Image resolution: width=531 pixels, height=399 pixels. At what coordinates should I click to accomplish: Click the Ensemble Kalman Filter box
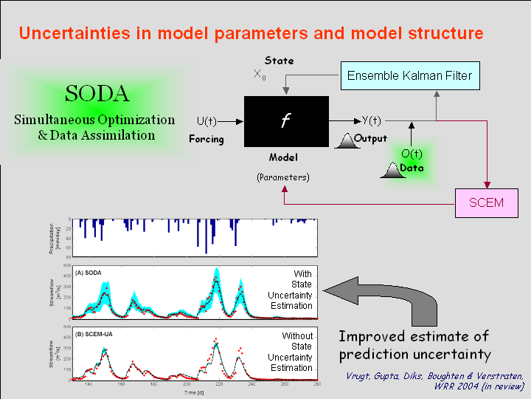pos(409,75)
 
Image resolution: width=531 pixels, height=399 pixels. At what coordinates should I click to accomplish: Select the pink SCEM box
pos(486,202)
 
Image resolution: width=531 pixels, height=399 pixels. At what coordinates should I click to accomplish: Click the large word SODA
pos(97,94)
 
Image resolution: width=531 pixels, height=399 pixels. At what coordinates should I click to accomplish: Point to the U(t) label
pos(206,121)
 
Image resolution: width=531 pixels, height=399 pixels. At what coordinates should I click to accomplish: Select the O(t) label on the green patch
pos(411,154)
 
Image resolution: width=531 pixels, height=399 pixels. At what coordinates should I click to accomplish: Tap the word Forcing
pos(206,138)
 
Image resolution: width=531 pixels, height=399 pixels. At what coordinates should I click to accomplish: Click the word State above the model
pos(279,60)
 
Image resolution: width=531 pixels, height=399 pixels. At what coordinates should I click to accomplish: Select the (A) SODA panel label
pos(88,273)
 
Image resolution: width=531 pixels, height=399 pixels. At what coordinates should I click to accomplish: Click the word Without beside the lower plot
pos(297,336)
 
